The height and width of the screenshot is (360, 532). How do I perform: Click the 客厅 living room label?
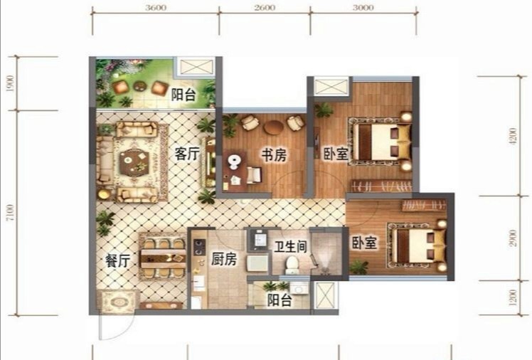[187, 154]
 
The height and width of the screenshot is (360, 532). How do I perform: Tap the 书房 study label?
[274, 155]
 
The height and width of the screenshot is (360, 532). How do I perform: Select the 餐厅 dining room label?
[118, 261]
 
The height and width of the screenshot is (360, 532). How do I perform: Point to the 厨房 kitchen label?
[224, 259]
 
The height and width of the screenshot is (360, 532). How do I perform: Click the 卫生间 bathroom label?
[290, 247]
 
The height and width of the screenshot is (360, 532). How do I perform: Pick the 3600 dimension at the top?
[156, 7]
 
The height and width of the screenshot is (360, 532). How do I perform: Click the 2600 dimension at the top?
[265, 7]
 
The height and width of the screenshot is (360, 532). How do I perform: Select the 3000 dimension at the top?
[363, 7]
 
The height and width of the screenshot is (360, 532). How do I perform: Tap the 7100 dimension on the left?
[11, 213]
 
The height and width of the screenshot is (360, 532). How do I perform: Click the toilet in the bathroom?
[292, 265]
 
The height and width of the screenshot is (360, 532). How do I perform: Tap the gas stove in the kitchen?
[199, 247]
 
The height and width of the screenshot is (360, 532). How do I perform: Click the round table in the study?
[273, 127]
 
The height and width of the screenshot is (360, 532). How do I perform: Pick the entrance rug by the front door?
[118, 302]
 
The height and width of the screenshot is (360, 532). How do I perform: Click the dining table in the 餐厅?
[163, 257]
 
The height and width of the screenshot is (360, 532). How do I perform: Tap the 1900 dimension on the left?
[11, 83]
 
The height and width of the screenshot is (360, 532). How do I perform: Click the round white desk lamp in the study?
[233, 162]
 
